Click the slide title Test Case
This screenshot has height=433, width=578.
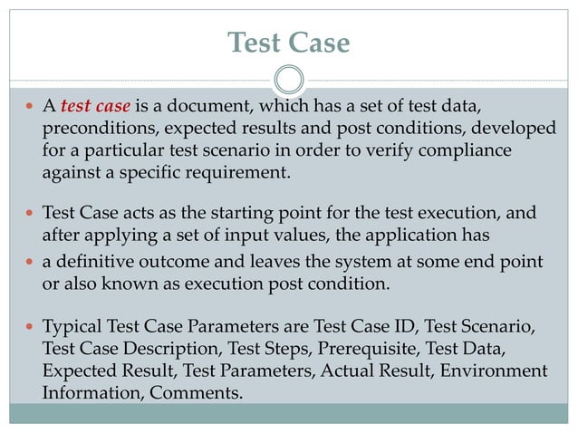point(288,43)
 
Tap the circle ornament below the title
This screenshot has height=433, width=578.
point(288,81)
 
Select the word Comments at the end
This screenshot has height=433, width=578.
point(197,393)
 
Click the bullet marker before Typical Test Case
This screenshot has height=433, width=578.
point(29,326)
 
